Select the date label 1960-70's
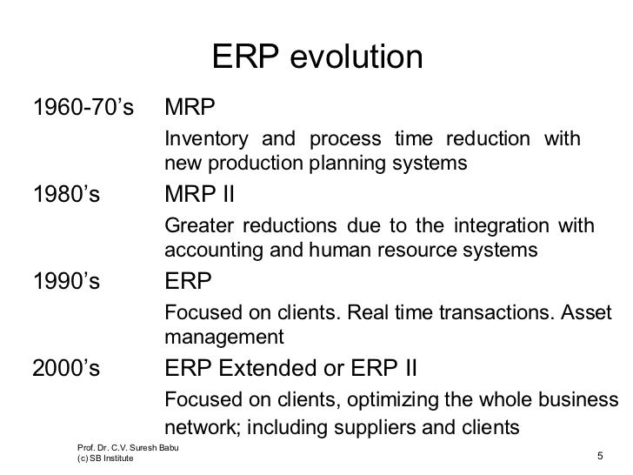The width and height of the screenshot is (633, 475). point(83,110)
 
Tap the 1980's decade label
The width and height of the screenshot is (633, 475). point(65,194)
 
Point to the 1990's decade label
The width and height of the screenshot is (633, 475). point(65,282)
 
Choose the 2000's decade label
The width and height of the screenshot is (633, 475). point(65,369)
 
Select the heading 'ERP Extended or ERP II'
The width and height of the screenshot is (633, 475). point(290,369)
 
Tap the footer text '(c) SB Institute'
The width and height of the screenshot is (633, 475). point(105,459)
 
